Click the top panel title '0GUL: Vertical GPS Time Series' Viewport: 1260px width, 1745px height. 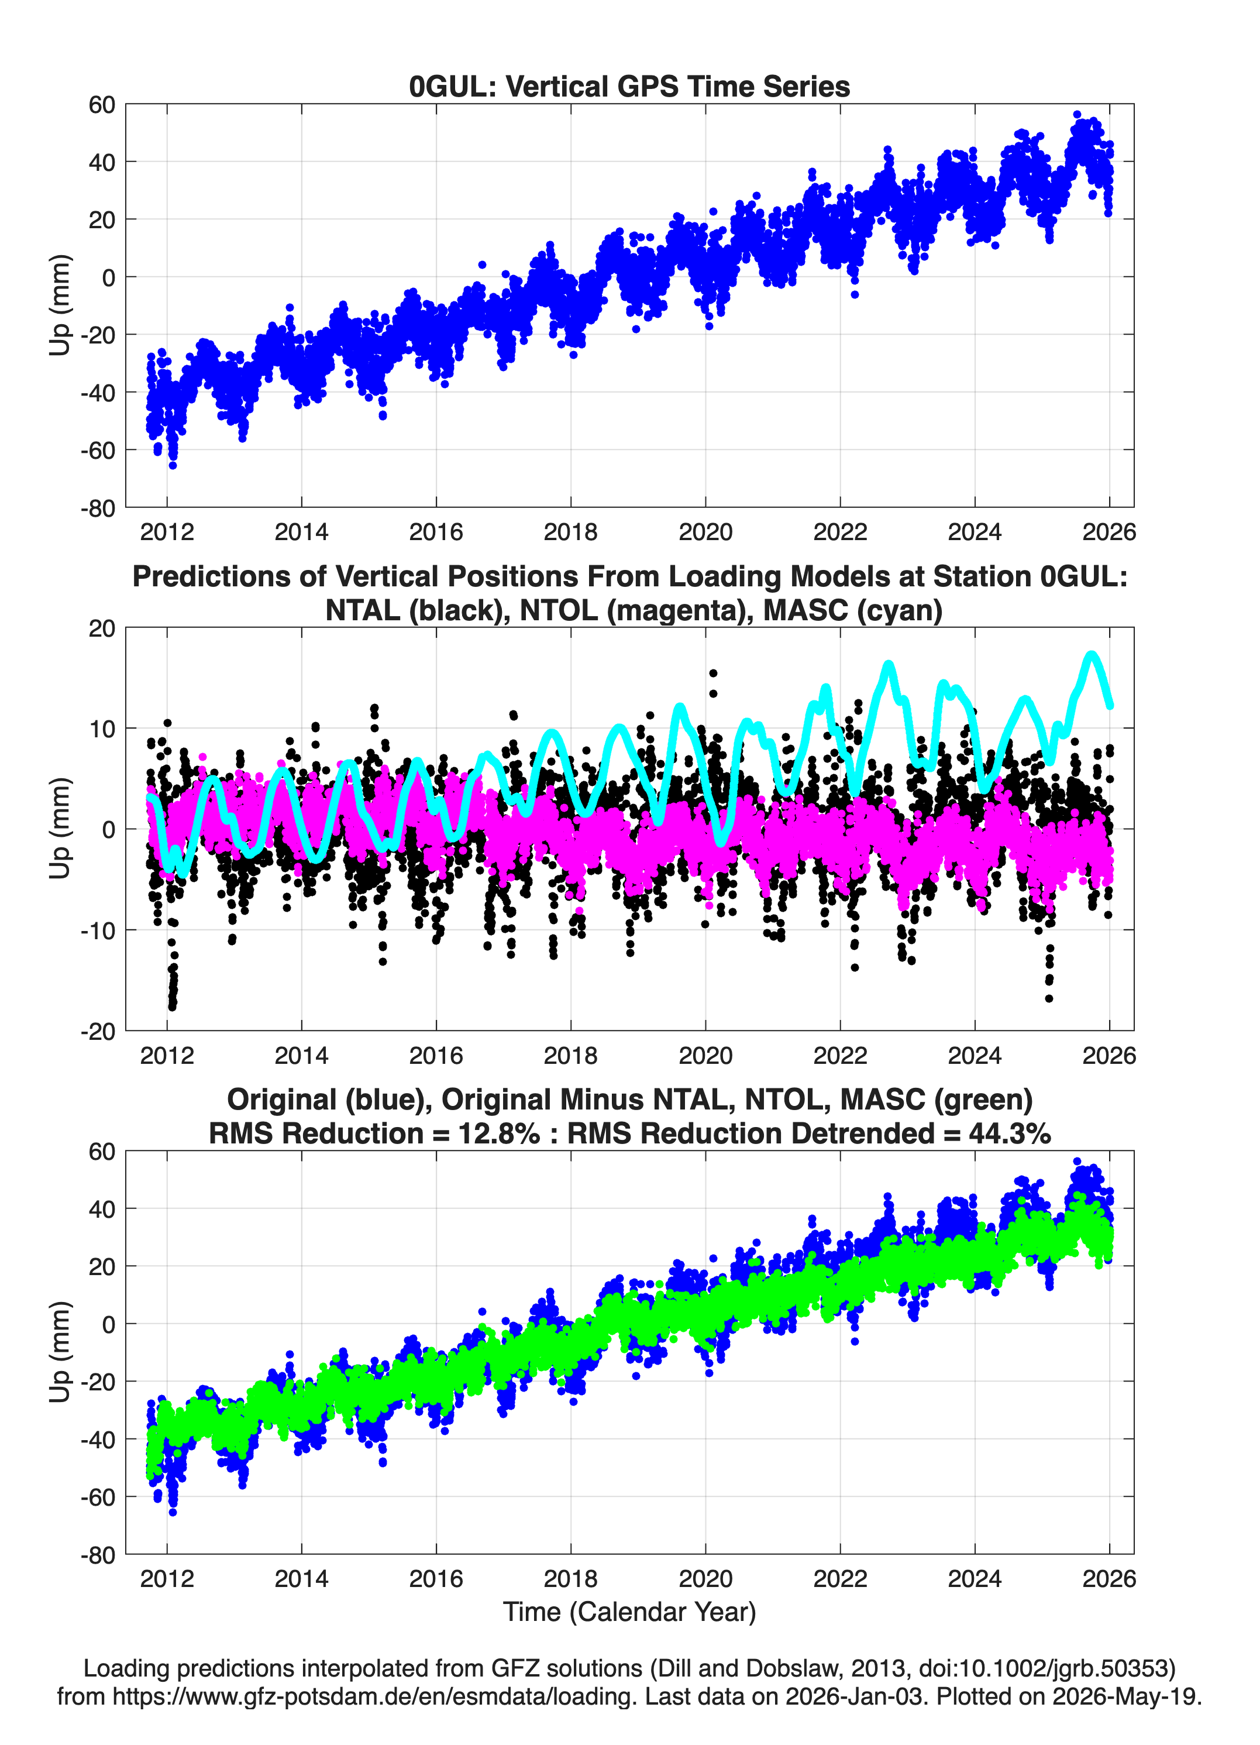click(x=629, y=86)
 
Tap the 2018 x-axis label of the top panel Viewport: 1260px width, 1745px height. click(x=571, y=532)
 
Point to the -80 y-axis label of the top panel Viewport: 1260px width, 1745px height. click(x=98, y=508)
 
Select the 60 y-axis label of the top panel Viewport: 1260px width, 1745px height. click(x=102, y=105)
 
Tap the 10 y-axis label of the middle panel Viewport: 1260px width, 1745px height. click(x=102, y=729)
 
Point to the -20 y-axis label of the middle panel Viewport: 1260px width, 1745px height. click(x=98, y=1031)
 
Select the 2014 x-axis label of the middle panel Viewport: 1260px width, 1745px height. click(x=301, y=1055)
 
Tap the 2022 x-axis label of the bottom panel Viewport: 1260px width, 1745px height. click(x=840, y=1578)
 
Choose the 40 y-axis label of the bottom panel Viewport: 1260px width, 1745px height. click(x=102, y=1209)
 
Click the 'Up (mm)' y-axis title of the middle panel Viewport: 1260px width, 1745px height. click(x=60, y=829)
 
